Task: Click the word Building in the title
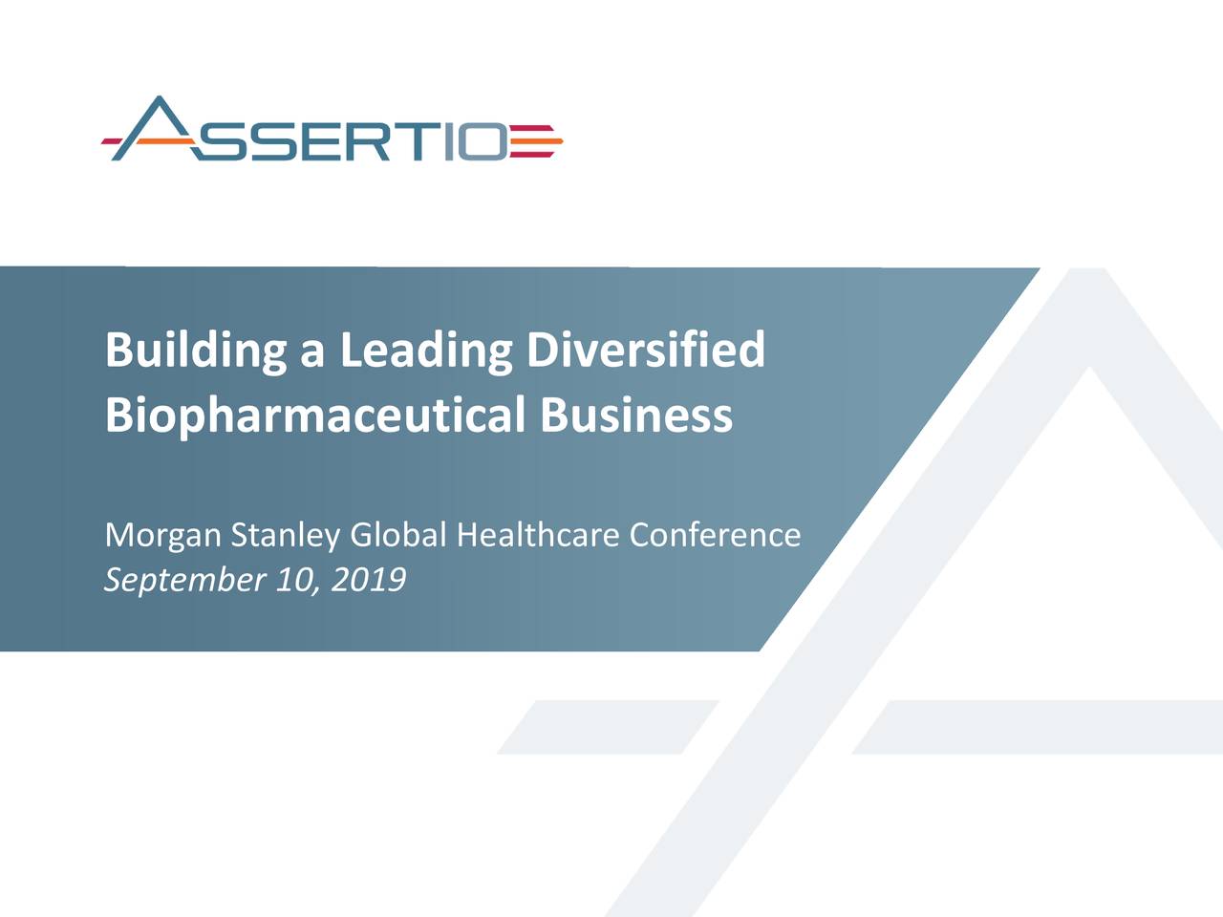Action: pyautogui.click(x=195, y=351)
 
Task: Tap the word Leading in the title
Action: pyautogui.click(x=426, y=351)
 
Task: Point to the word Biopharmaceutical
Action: pyautogui.click(x=314, y=416)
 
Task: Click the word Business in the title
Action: pyautogui.click(x=635, y=416)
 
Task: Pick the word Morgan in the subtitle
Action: pyautogui.click(x=162, y=536)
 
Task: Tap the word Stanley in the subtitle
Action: pyautogui.click(x=285, y=536)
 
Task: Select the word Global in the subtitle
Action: pyautogui.click(x=398, y=535)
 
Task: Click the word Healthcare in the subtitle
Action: pyautogui.click(x=538, y=535)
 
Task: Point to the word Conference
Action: pyautogui.click(x=715, y=535)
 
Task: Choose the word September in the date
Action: pyautogui.click(x=184, y=580)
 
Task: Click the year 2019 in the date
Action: pyautogui.click(x=368, y=579)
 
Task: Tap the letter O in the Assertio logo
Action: pyautogui.click(x=486, y=142)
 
